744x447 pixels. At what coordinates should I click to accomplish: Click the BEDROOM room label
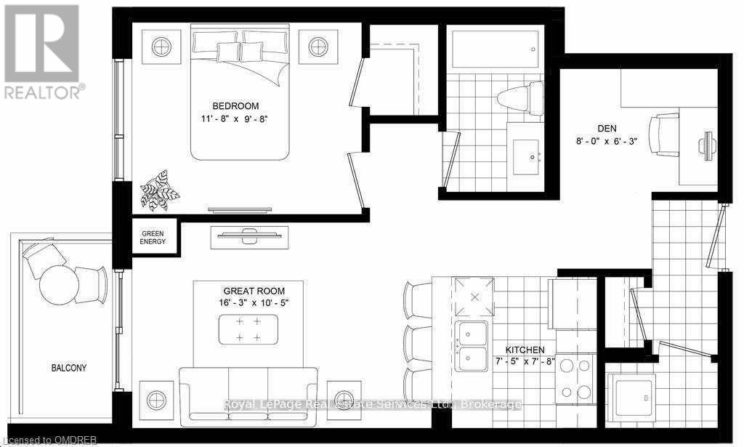[x=235, y=106]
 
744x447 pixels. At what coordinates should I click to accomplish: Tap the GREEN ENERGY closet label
[x=153, y=237]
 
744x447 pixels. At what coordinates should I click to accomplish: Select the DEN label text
[x=607, y=128]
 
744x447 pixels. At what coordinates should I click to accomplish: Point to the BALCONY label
[x=69, y=368]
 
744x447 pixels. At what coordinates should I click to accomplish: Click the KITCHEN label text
[x=525, y=350]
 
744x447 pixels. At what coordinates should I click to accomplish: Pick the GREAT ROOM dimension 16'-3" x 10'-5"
[x=254, y=303]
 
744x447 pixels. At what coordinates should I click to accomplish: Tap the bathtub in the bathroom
[x=496, y=49]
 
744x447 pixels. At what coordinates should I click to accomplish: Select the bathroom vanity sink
[x=526, y=157]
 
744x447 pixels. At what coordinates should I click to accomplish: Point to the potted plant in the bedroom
[x=159, y=190]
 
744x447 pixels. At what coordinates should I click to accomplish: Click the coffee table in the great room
[x=248, y=329]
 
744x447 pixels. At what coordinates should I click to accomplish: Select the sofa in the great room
[x=248, y=394]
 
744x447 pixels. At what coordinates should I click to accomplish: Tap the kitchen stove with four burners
[x=575, y=378]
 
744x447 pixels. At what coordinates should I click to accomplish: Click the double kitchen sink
[x=471, y=347]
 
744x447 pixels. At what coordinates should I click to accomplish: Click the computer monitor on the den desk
[x=707, y=142]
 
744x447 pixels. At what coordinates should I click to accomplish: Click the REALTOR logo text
[x=45, y=92]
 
